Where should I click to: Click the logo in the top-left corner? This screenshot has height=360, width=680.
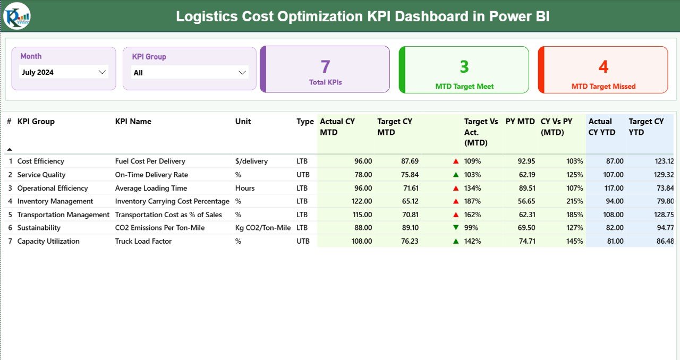[x=17, y=16]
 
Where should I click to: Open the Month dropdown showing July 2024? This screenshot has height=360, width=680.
[x=64, y=72]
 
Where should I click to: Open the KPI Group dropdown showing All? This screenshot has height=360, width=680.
[x=190, y=73]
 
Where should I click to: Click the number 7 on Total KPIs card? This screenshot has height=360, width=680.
[x=326, y=67]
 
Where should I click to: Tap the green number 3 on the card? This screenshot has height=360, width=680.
[x=464, y=67]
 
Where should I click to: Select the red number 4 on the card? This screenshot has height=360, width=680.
[x=603, y=67]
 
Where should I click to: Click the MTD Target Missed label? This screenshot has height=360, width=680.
[x=603, y=87]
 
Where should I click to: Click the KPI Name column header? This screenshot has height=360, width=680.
[x=133, y=122]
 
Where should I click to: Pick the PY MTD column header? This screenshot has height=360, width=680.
[x=520, y=122]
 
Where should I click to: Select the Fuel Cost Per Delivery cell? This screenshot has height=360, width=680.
[x=150, y=161]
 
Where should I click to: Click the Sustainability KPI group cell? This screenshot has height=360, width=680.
[x=39, y=228]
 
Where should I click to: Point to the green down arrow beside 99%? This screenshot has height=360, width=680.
[x=456, y=228]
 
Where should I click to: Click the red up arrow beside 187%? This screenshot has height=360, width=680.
[x=456, y=201]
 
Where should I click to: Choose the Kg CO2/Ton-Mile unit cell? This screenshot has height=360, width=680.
[x=263, y=228]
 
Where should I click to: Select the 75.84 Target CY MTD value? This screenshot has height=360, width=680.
[x=410, y=175]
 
